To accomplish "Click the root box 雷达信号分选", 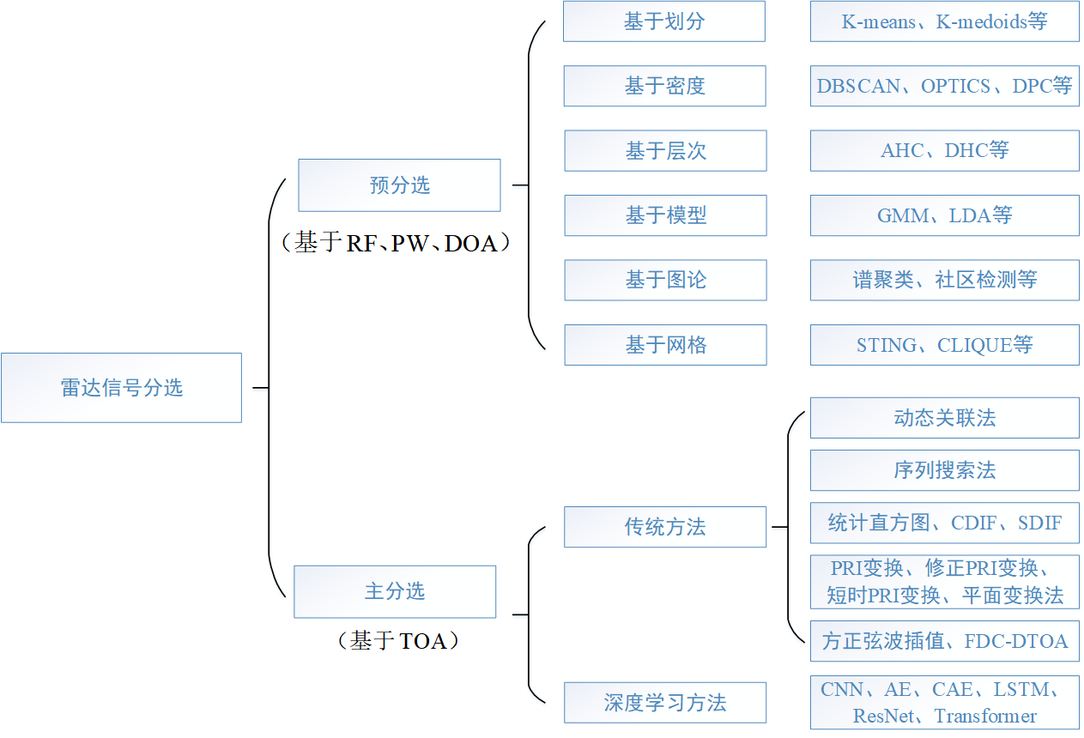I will coord(121,388).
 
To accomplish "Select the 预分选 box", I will coord(399,185).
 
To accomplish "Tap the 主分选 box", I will coord(395,591).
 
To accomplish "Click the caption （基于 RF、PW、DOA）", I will coord(396,243).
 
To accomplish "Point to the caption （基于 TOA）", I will coord(398,640).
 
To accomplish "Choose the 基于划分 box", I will coord(664,21).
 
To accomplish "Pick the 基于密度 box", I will coord(664,86).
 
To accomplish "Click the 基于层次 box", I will coord(665,151).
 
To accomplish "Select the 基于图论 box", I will coord(665,280).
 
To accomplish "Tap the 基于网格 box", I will coord(665,345).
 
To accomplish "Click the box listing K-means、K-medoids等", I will coord(944,21).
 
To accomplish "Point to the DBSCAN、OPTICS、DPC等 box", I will coord(944,86).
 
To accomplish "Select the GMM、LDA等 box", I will coord(944,215).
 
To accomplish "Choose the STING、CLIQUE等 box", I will coord(944,345).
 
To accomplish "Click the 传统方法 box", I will coord(665,527).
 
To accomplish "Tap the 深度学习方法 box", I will coord(665,703).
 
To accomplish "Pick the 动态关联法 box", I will coord(944,418).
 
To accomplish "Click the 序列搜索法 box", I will coord(944,470).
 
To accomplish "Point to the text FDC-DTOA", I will coord(1016,641).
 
